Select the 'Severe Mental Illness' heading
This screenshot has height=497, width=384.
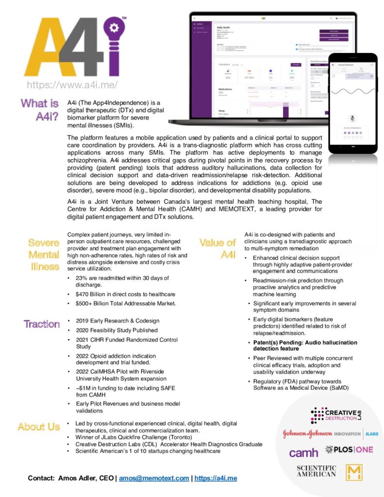coord(43,254)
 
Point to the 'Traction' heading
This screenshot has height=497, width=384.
coord(42,324)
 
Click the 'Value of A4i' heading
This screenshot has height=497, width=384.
coord(217,248)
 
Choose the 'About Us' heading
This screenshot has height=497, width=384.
coord(38,427)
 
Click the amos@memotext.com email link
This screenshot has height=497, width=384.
coord(154,478)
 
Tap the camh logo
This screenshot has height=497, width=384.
coord(303,452)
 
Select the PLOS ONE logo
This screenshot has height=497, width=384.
coord(349,450)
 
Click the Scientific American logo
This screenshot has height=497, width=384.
coord(316,471)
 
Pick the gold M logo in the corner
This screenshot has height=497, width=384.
coord(355,472)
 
